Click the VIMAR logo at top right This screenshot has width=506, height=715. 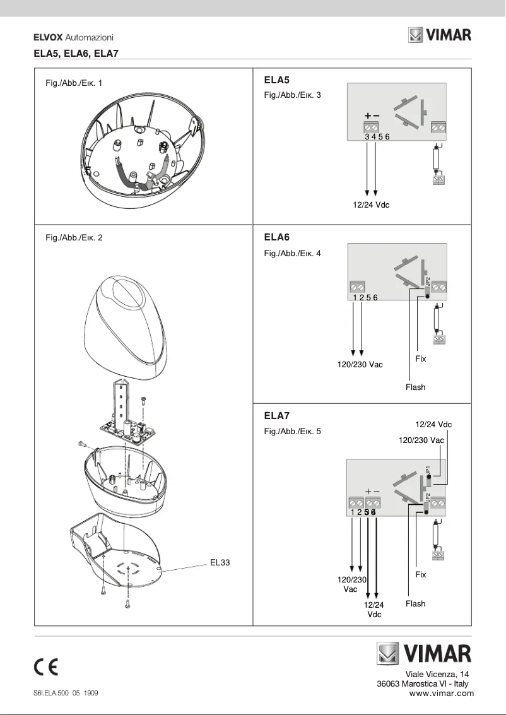click(x=439, y=35)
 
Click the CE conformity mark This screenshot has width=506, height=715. click(x=47, y=667)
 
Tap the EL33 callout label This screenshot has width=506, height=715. click(x=220, y=562)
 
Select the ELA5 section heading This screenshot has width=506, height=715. click(x=276, y=80)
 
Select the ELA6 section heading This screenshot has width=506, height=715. click(x=276, y=237)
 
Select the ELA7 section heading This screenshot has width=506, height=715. click(x=276, y=416)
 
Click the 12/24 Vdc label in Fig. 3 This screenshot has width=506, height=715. click(x=371, y=204)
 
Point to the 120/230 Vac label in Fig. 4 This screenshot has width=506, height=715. click(x=360, y=364)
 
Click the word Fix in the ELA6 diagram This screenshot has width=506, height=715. click(x=421, y=358)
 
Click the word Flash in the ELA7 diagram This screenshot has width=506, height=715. click(x=415, y=604)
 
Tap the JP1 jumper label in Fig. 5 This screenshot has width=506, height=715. click(x=428, y=470)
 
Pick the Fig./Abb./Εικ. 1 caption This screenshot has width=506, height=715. click(x=74, y=83)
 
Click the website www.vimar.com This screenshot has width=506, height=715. click(x=441, y=693)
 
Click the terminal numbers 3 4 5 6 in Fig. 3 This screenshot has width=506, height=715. click(x=377, y=136)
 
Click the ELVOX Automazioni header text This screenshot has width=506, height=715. click(x=73, y=38)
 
